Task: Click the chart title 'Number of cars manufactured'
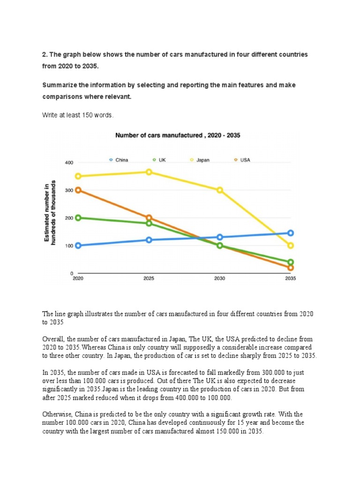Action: (178, 135)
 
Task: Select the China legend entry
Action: (119, 160)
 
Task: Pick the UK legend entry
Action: (159, 160)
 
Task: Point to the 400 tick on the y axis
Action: (69, 163)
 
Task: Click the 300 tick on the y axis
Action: (69, 190)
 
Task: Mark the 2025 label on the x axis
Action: (149, 278)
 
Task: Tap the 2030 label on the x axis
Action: (219, 278)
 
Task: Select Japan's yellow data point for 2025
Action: (149, 172)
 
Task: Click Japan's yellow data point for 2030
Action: (219, 190)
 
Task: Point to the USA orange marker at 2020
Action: (78, 190)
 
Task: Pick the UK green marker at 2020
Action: (78, 217)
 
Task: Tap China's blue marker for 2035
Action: (290, 233)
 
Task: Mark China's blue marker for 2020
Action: (78, 246)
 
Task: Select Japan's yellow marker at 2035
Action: (290, 246)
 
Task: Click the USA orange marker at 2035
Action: (290, 268)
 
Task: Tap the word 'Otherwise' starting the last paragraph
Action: (57, 414)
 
